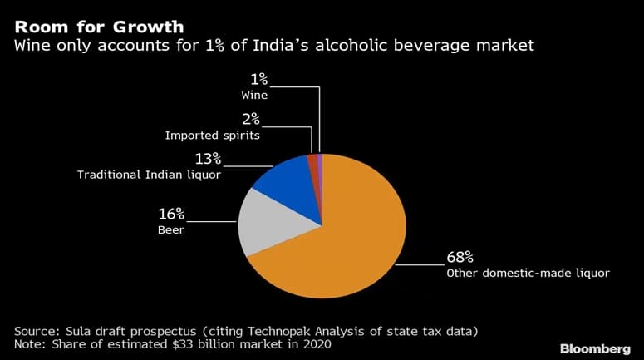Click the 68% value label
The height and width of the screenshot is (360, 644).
[461, 257]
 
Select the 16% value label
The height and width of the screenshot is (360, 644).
[173, 215]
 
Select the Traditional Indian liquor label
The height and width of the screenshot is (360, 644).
[149, 175]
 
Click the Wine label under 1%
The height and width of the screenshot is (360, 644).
[261, 96]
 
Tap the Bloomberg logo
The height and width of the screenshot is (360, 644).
[595, 347]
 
